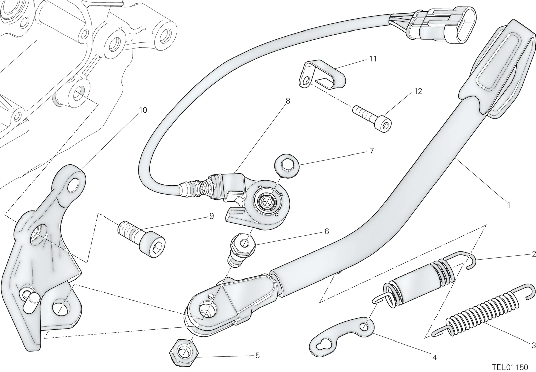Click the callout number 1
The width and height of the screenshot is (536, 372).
[x=509, y=205]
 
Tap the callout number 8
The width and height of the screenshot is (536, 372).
[x=288, y=101]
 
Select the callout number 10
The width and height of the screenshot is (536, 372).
[x=143, y=110]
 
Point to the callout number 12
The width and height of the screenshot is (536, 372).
[x=418, y=91]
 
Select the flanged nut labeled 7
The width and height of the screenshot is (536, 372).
[x=286, y=166]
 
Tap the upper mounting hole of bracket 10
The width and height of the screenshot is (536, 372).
[x=73, y=185]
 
